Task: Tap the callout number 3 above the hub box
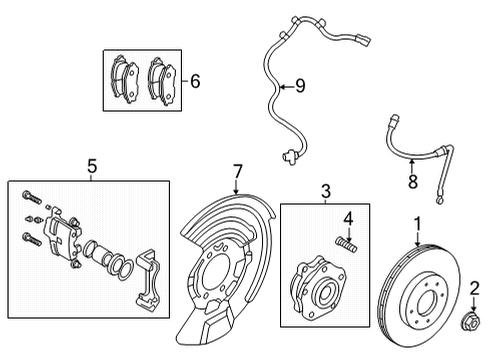click(x=325, y=191)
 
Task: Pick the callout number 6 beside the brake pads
click(x=195, y=82)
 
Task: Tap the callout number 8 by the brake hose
click(x=410, y=182)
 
